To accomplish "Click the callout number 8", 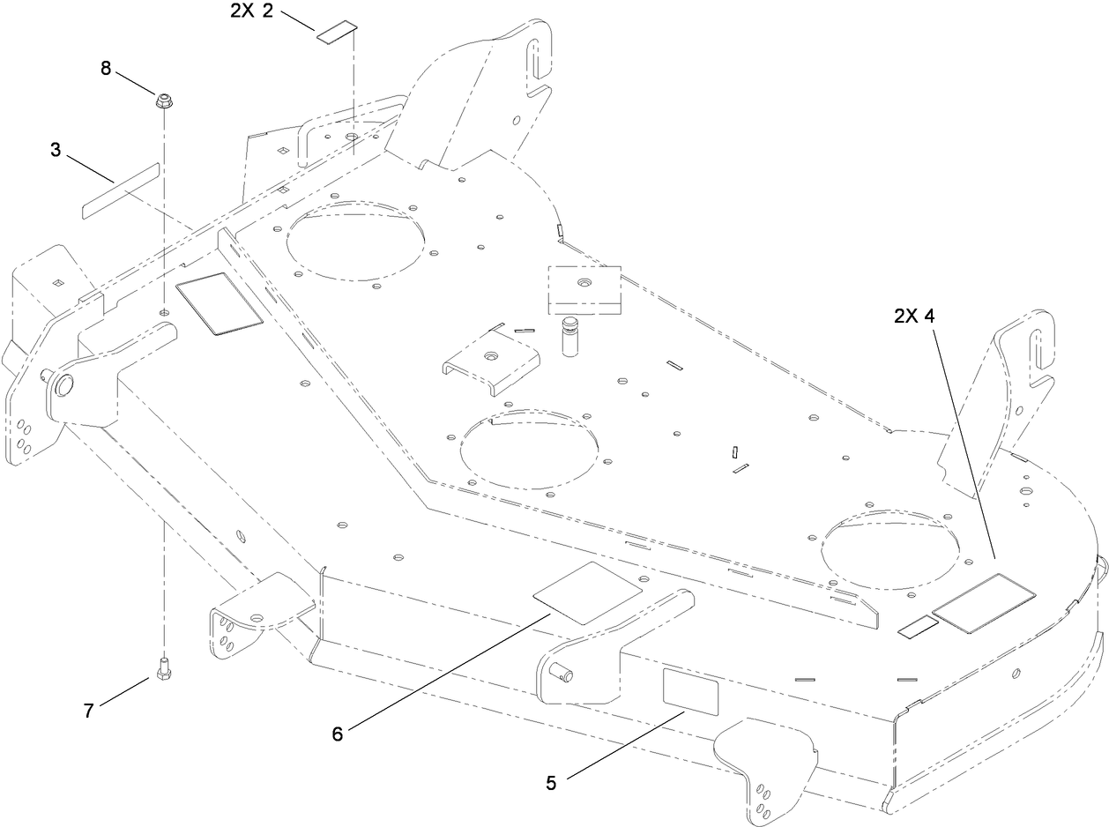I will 106,68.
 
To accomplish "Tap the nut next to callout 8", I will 163,101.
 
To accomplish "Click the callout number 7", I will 88,710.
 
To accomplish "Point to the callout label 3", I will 56,150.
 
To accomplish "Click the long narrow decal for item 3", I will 121,189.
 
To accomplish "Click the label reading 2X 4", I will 913,316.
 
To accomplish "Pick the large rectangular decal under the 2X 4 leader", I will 984,603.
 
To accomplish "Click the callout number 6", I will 337,733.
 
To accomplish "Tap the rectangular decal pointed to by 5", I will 689,689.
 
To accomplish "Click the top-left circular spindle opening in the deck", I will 359,240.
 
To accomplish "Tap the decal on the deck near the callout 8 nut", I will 220,302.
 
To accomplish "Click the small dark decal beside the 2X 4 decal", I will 917,627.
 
